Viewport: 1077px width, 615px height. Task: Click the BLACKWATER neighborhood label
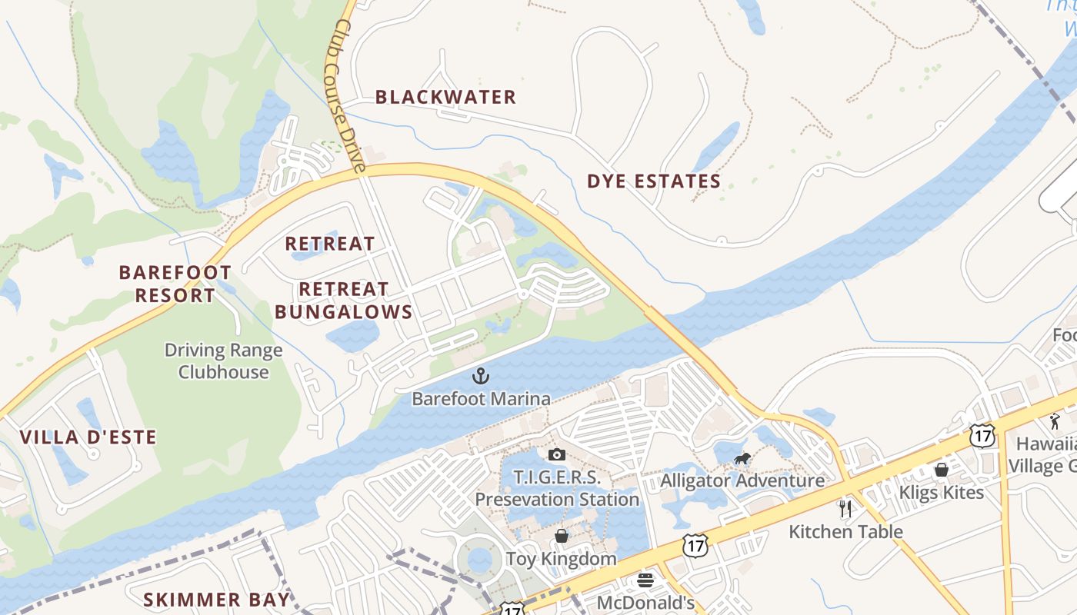click(445, 97)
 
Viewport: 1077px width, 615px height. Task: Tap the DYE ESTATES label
click(654, 181)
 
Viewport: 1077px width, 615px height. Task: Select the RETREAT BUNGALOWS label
click(344, 301)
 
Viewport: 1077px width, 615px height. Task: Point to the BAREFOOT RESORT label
click(175, 284)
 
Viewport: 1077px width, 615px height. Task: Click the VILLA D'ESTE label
click(88, 437)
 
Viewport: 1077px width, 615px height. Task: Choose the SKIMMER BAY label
click(217, 600)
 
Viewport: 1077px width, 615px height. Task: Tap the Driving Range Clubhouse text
click(224, 361)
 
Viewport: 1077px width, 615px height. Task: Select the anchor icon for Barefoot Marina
click(481, 376)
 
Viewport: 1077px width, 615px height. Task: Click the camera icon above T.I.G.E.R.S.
click(557, 455)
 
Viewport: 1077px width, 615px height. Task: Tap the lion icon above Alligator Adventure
click(742, 460)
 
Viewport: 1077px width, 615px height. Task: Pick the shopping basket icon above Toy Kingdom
click(562, 536)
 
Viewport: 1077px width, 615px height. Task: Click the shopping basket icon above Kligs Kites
click(941, 470)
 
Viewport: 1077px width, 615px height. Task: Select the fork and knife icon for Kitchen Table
click(845, 508)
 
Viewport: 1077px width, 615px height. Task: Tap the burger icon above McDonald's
click(645, 580)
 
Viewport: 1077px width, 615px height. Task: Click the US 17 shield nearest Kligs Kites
click(982, 435)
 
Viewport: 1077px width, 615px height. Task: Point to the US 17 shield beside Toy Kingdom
click(695, 547)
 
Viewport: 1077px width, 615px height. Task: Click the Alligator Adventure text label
click(742, 481)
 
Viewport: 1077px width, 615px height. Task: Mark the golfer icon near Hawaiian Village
click(1054, 421)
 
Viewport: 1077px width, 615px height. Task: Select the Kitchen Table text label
click(845, 531)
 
